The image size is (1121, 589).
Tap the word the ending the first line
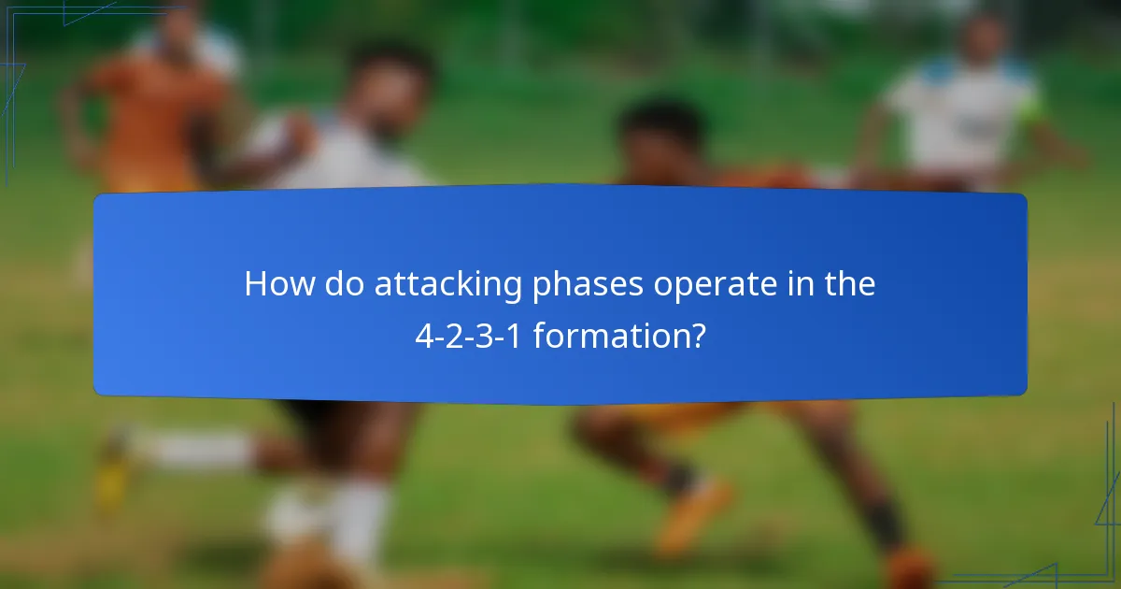849,284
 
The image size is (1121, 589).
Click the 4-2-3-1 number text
469,335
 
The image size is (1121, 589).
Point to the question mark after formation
696,335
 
